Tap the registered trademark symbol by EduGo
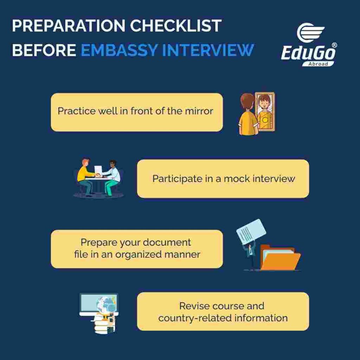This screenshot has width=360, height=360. [334, 45]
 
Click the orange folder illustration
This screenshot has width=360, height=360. [281, 258]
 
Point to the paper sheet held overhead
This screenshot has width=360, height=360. [251, 231]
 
